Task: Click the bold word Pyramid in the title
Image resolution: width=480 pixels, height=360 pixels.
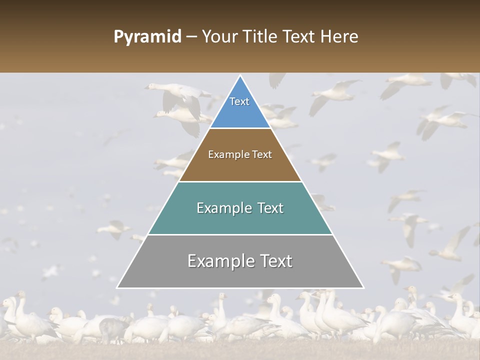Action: click(147, 37)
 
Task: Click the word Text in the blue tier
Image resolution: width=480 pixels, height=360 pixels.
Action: click(239, 101)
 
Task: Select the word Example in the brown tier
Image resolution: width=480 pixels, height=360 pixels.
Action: click(227, 155)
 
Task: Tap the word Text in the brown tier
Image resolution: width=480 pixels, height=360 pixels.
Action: click(261, 155)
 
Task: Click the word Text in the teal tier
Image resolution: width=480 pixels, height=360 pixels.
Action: click(270, 208)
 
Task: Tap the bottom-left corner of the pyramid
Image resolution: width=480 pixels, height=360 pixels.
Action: click(117, 287)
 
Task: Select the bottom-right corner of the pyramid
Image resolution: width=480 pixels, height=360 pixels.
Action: click(363, 287)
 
